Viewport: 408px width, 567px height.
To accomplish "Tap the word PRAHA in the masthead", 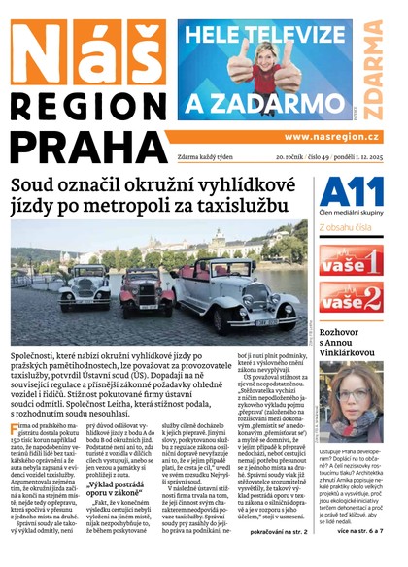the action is coord(85,147).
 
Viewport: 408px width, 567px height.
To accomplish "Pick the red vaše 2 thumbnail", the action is coord(351,301).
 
